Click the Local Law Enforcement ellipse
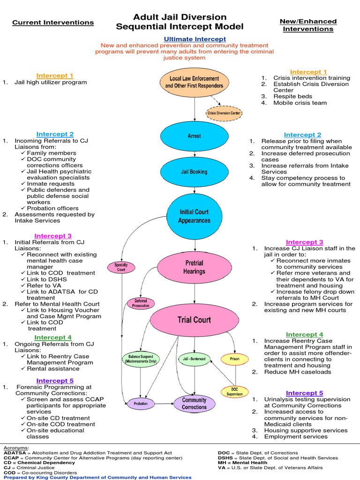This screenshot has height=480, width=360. [x=195, y=82]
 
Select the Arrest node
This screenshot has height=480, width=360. [x=194, y=136]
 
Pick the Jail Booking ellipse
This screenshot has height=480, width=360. [x=194, y=172]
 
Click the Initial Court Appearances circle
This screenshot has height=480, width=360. [x=195, y=216]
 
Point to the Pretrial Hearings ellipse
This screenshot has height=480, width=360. [x=195, y=268]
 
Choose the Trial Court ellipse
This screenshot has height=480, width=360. [x=194, y=320]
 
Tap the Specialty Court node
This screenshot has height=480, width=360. [x=121, y=267]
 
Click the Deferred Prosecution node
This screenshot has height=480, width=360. [x=141, y=303]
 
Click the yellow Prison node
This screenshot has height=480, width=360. [x=235, y=360]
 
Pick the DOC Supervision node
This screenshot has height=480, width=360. [x=234, y=391]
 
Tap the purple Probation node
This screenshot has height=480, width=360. [x=141, y=403]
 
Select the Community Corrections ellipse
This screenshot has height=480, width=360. [x=194, y=403]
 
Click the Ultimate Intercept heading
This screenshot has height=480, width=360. [x=195, y=39]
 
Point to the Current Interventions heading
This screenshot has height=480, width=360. [x=53, y=22]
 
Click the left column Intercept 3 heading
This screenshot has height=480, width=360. [x=53, y=236]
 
